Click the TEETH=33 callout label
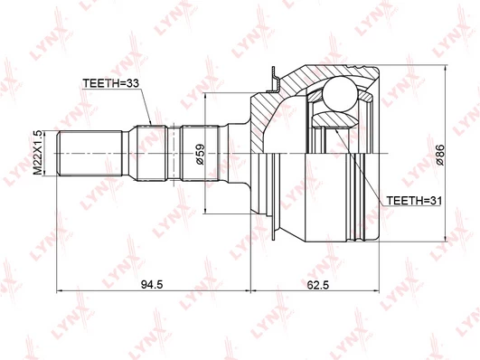tap(111, 83)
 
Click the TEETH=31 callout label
tap(414, 201)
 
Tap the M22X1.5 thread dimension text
tap(38, 153)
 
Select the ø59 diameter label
tap(200, 154)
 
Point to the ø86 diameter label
tap(440, 155)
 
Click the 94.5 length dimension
tap(152, 285)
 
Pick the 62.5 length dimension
tap(318, 285)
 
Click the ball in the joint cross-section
tap(340, 94)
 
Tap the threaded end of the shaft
tap(90, 153)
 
